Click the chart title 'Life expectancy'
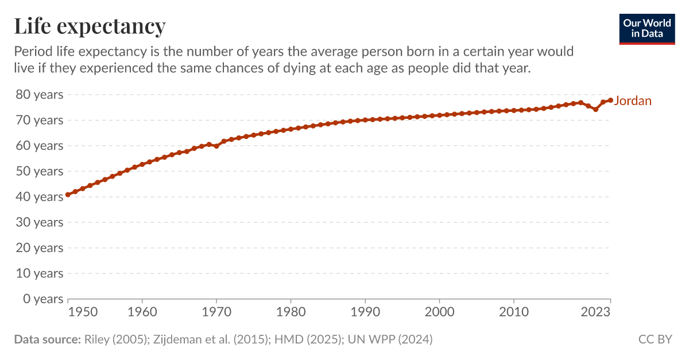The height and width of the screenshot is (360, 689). click(x=90, y=26)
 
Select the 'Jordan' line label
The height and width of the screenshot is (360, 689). click(x=633, y=101)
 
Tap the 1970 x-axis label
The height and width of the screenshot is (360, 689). click(x=216, y=312)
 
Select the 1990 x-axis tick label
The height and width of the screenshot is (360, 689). click(x=365, y=312)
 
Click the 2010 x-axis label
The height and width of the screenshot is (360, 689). click(x=513, y=312)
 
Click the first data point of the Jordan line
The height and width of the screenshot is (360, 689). click(x=68, y=195)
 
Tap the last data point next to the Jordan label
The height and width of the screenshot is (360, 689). click(x=610, y=100)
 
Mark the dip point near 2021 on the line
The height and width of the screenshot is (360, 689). click(x=595, y=109)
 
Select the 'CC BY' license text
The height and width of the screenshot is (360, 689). click(x=655, y=339)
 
